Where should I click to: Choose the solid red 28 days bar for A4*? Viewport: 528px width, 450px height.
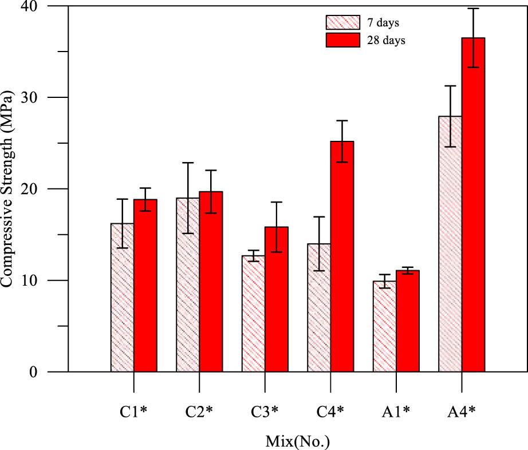click(473, 206)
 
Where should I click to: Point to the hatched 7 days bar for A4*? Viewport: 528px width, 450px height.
click(450, 246)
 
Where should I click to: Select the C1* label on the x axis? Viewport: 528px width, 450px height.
click(133, 410)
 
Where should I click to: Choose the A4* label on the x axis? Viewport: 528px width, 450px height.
click(462, 410)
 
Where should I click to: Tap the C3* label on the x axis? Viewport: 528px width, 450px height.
click(265, 410)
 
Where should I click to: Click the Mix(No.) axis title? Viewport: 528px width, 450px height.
click(298, 441)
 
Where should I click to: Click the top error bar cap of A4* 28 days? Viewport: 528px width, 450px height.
click(473, 9)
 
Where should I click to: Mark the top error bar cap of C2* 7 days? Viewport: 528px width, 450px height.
click(188, 163)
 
